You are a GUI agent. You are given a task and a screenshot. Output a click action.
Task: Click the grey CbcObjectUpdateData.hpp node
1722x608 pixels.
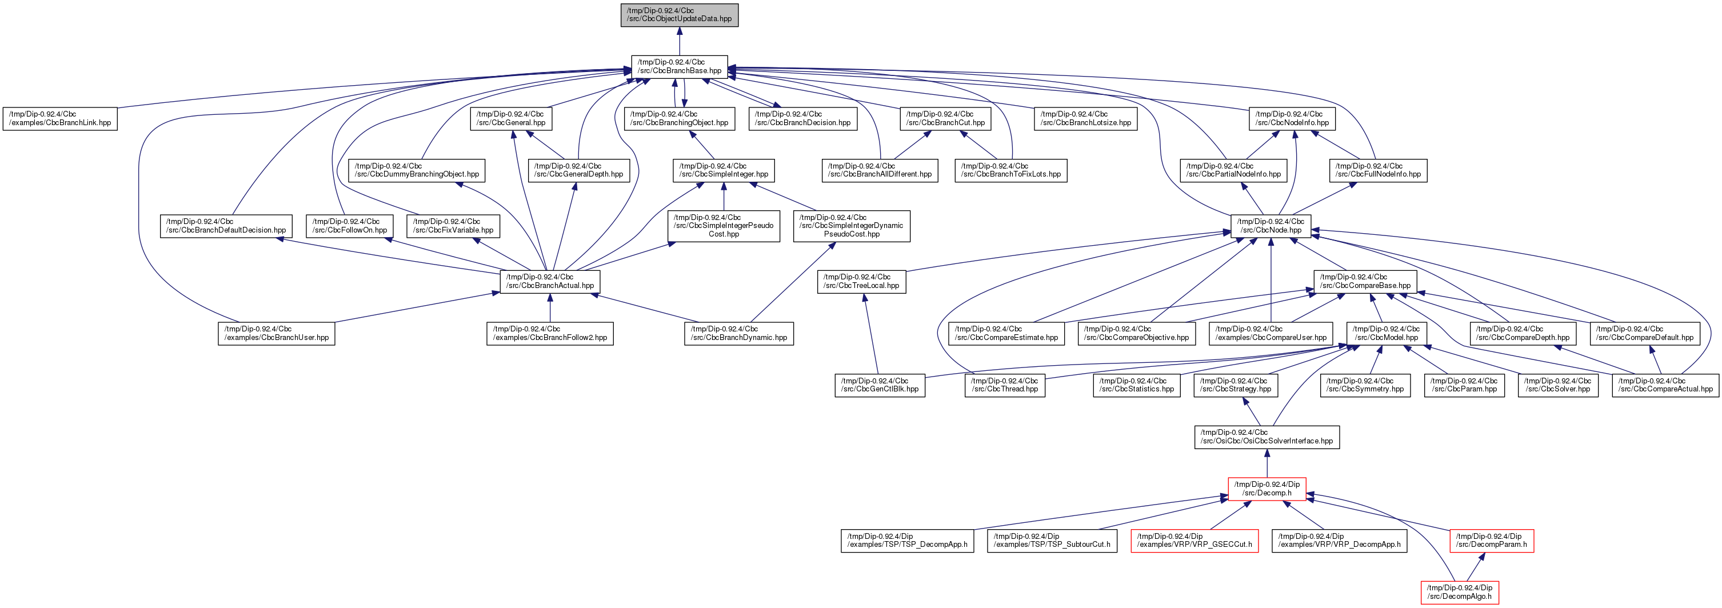pos(679,15)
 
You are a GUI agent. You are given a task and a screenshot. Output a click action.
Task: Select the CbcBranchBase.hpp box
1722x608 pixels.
pos(679,66)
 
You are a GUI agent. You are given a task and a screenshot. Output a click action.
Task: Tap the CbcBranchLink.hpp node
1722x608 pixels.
pos(60,118)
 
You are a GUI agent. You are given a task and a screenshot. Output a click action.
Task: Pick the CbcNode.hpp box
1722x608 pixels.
pos(1270,226)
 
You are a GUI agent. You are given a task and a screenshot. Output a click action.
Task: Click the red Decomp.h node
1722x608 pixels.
pos(1266,489)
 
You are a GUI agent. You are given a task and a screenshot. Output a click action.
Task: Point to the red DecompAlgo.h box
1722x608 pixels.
pos(1459,592)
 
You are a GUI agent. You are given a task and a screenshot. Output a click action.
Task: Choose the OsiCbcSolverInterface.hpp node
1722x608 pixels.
pos(1266,437)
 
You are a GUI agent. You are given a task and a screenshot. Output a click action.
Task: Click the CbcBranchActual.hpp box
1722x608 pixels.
pos(549,281)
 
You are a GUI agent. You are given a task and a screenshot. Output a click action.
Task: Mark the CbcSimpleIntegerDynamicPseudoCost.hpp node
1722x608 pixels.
pos(851,226)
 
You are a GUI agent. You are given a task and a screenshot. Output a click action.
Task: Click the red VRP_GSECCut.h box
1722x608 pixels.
pos(1194,541)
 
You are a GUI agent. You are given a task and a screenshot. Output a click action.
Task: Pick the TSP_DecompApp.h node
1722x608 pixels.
pos(907,541)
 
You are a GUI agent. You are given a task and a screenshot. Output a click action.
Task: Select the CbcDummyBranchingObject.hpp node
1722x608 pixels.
pos(417,170)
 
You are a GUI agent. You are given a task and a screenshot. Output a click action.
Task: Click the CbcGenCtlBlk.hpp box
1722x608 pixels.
pos(880,385)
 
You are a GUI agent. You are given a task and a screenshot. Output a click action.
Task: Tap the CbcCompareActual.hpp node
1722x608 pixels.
pos(1665,385)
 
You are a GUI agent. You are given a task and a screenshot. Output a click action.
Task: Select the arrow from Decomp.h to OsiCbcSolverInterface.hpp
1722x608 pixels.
pos(1266,463)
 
